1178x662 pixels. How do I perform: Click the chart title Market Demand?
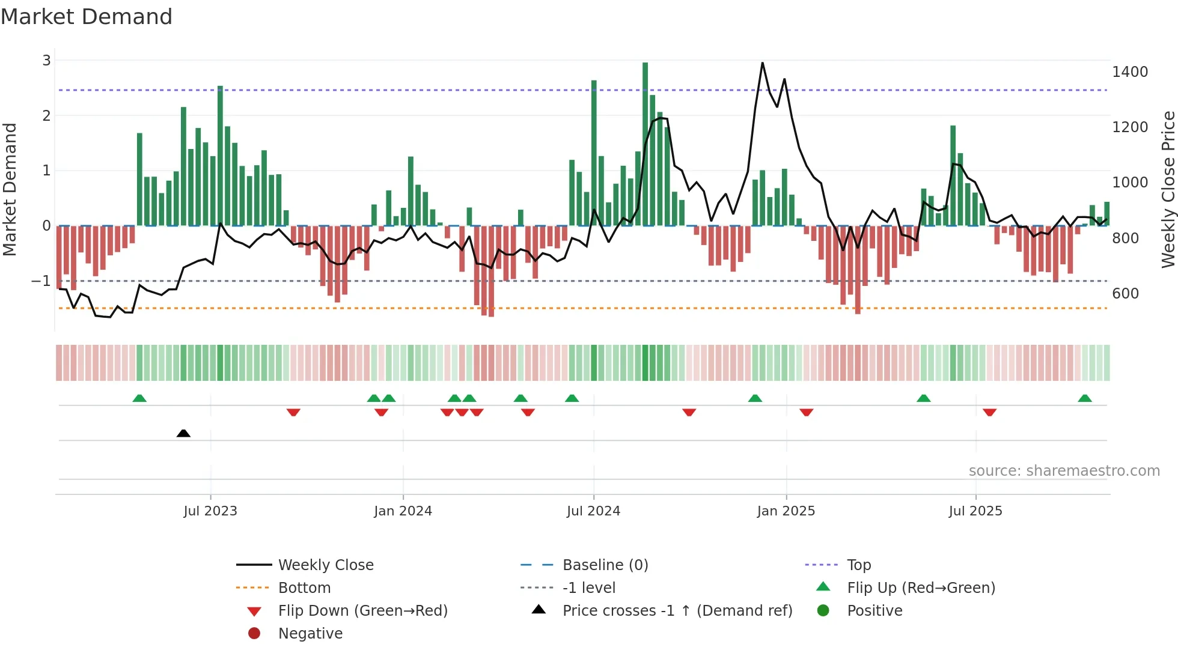click(x=87, y=17)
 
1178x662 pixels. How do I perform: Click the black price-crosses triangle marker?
click(x=183, y=433)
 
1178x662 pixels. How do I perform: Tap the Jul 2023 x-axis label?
click(x=210, y=511)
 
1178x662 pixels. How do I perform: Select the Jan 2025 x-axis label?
click(x=786, y=511)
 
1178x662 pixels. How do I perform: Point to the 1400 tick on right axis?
click(x=1130, y=72)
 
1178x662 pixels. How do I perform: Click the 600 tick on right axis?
click(x=1126, y=294)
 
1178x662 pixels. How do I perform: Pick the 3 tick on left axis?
click(x=46, y=61)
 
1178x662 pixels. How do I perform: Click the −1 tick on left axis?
click(x=41, y=281)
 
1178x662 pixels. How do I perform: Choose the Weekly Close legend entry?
click(x=325, y=565)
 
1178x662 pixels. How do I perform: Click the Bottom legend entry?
click(x=304, y=588)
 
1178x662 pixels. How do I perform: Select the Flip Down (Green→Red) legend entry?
click(x=362, y=611)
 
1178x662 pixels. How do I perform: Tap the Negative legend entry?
click(x=310, y=634)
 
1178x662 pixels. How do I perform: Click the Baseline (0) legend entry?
click(x=605, y=565)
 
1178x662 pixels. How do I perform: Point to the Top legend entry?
click(x=858, y=565)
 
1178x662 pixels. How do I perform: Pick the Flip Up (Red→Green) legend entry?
click(x=921, y=588)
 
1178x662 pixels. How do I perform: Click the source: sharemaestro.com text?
click(x=1064, y=471)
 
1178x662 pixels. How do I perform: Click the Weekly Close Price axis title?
click(x=1168, y=189)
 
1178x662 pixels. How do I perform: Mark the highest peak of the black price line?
click(x=763, y=63)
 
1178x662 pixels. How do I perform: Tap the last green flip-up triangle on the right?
click(x=1085, y=398)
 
